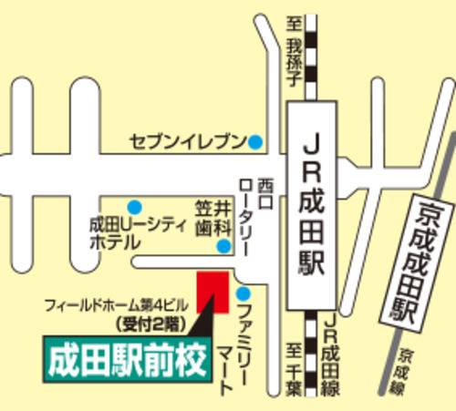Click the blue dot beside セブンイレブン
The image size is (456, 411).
pos(256,142)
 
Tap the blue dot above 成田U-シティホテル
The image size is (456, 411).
pos(135,206)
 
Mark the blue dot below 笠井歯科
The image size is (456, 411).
pos(223,247)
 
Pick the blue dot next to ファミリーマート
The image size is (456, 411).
pos(244,293)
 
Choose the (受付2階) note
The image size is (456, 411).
pos(147,322)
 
